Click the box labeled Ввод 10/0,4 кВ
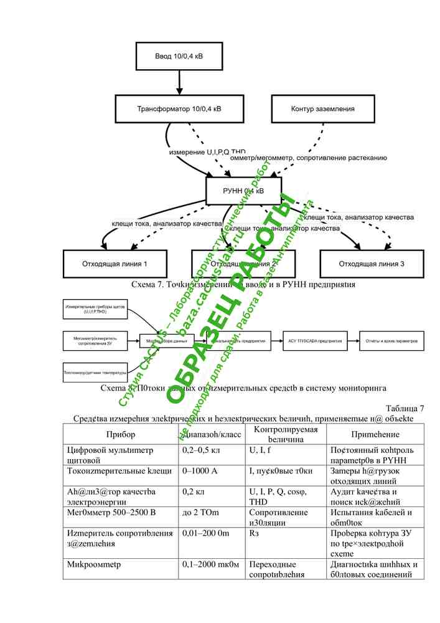point(179,56)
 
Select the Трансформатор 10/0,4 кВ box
point(179,109)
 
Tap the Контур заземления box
point(322,109)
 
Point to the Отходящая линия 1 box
point(115,264)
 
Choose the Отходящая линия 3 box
point(372,264)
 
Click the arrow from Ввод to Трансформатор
point(179,82)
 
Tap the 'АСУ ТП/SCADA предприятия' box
point(315,341)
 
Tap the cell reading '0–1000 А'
point(199,471)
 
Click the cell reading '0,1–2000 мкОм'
point(210,564)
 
